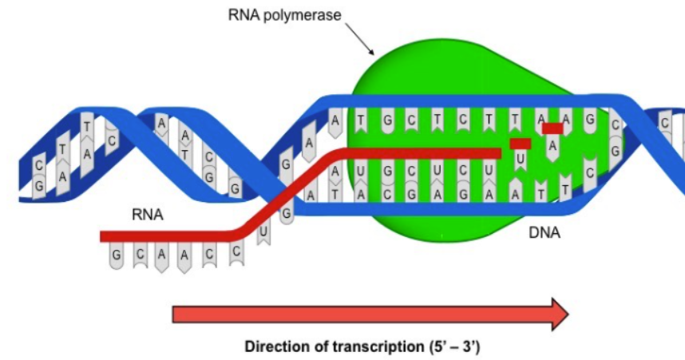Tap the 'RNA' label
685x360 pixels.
coord(148,215)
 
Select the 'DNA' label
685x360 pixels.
coord(545,233)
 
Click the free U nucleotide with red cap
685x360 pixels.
coord(520,156)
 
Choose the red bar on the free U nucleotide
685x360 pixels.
coord(520,144)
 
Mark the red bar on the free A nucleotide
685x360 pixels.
coord(552,128)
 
